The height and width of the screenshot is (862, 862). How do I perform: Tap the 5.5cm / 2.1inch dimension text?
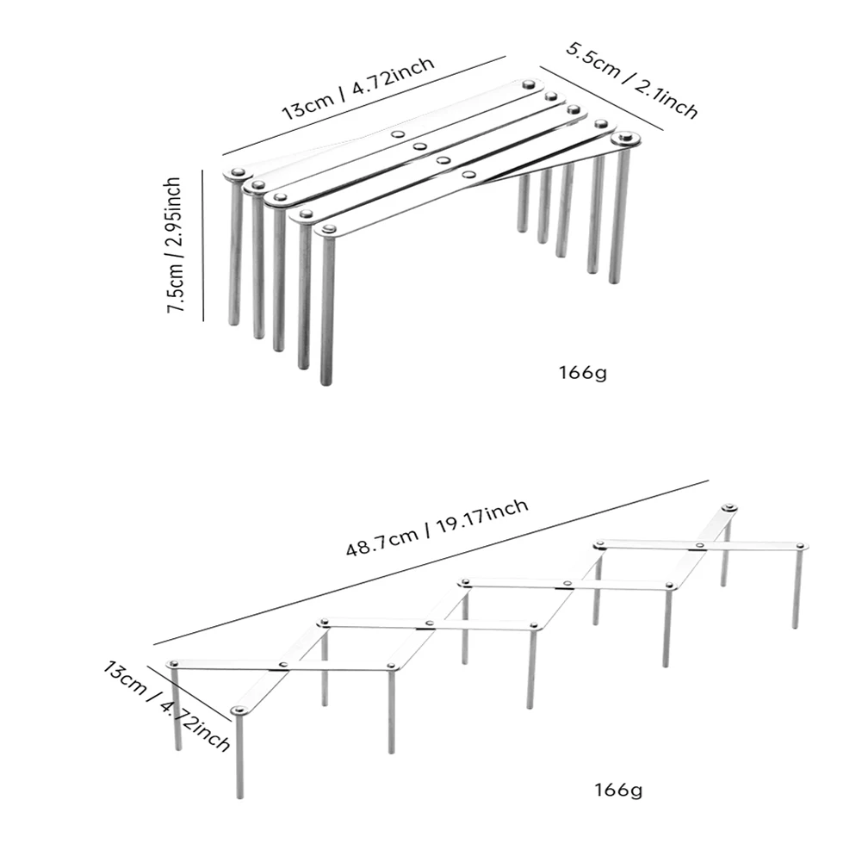(632, 80)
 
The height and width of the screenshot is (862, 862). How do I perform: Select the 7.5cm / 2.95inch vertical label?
(174, 245)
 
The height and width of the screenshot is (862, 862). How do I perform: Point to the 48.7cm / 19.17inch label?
(437, 527)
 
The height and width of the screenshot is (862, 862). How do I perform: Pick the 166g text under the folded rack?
(583, 373)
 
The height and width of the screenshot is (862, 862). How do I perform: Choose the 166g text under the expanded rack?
(618, 791)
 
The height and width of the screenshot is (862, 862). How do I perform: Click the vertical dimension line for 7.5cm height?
(203, 245)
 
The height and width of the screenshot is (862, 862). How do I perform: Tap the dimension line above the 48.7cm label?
(431, 562)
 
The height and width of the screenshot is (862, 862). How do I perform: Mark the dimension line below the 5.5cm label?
(601, 99)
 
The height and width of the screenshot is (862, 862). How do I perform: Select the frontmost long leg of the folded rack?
(327, 309)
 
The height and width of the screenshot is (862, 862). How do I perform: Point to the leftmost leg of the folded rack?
(235, 250)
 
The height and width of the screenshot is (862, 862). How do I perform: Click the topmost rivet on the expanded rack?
(729, 507)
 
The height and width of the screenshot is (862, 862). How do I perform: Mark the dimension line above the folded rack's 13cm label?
(364, 106)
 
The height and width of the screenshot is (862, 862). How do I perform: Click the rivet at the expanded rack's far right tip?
(802, 546)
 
